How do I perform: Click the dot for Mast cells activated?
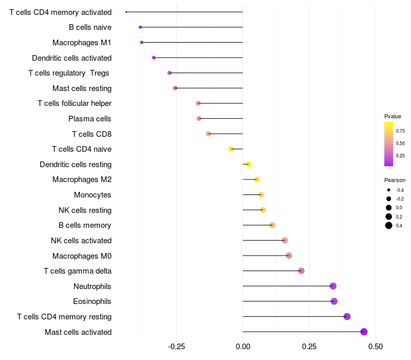(364, 332)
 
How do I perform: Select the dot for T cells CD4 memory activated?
(126, 12)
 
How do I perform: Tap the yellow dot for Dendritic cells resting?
(249, 165)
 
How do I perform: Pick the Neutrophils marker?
(333, 286)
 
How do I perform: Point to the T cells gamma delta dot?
(301, 271)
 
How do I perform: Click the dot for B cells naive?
(140, 27)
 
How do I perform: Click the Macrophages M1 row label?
(82, 43)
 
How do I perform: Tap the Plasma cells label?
(90, 119)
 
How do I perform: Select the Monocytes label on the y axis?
(92, 195)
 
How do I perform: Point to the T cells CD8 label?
(91, 134)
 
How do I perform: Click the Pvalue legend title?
(393, 116)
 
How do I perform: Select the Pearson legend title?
(395, 180)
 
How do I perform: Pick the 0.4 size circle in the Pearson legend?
(389, 225)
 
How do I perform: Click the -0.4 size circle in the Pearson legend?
(389, 190)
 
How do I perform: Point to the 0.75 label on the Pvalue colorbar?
(400, 131)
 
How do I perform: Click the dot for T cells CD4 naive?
(231, 149)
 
